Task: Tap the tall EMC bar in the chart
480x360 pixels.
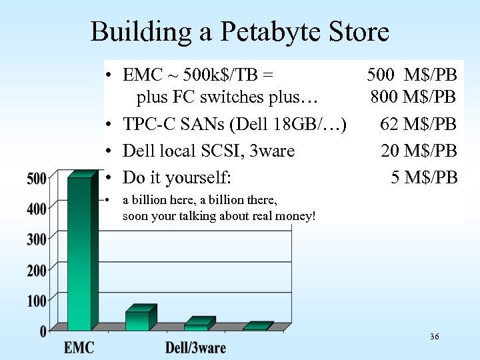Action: point(79,253)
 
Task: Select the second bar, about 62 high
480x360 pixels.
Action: point(138,320)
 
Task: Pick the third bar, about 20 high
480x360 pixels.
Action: point(197,327)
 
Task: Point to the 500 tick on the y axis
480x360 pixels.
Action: point(37,179)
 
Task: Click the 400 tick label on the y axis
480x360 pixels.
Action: point(37,209)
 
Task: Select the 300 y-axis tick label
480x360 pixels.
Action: point(37,239)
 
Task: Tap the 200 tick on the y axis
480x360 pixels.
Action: point(37,270)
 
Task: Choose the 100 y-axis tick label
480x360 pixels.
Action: point(37,301)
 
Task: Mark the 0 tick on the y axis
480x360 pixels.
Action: point(43,331)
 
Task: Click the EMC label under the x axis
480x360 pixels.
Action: point(79,347)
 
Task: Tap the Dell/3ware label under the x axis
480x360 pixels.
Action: point(195,347)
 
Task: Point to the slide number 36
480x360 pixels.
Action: point(434,337)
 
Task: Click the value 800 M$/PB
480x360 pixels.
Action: point(413,97)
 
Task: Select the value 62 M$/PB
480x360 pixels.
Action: point(419,124)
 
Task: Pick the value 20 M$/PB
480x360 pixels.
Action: point(419,151)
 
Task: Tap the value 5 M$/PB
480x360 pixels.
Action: point(424,177)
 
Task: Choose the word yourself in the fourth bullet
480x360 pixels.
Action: point(199,178)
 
